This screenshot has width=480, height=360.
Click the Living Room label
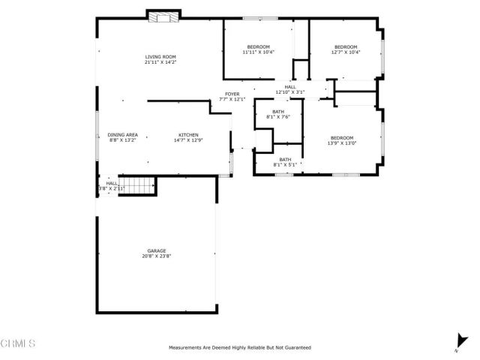point(160,57)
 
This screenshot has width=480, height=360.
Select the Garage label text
point(156,250)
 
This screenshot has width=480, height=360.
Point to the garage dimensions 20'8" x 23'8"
point(156,256)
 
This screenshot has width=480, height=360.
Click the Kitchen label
point(188,134)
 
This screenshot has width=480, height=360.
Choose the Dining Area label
point(122,134)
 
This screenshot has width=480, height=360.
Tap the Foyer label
point(232,94)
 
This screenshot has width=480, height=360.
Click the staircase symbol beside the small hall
point(138,184)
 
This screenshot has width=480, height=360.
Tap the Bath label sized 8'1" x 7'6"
point(278,112)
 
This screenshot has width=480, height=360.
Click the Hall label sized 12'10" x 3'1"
point(290,87)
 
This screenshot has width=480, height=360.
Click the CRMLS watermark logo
point(18,343)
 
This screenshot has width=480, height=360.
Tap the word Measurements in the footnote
point(185,348)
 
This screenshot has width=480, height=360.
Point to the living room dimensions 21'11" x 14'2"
point(160,63)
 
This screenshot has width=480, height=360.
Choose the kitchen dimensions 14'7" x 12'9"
point(188,140)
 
